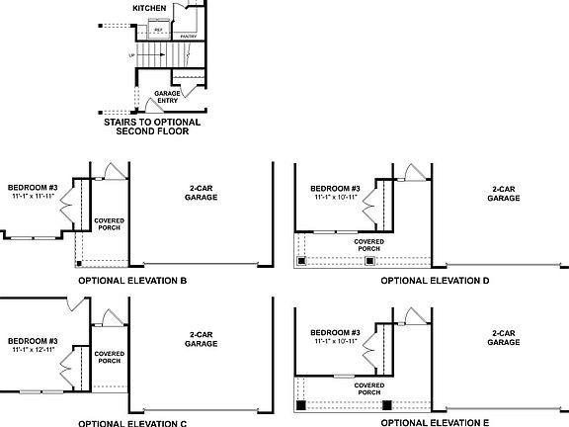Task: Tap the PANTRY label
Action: pos(189,37)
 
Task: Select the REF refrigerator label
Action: pos(158,30)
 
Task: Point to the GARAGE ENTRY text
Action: pos(167,97)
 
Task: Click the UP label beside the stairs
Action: pos(132,55)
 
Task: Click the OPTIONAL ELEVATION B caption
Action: pos(132,281)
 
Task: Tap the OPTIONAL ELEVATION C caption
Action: pos(132,422)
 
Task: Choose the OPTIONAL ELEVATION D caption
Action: pos(435,281)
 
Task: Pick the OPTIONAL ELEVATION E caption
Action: pos(435,422)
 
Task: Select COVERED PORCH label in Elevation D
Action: pos(369,244)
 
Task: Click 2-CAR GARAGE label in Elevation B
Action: pos(202,193)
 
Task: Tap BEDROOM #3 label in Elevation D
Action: pos(335,188)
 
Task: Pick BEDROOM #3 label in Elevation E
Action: pos(335,331)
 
